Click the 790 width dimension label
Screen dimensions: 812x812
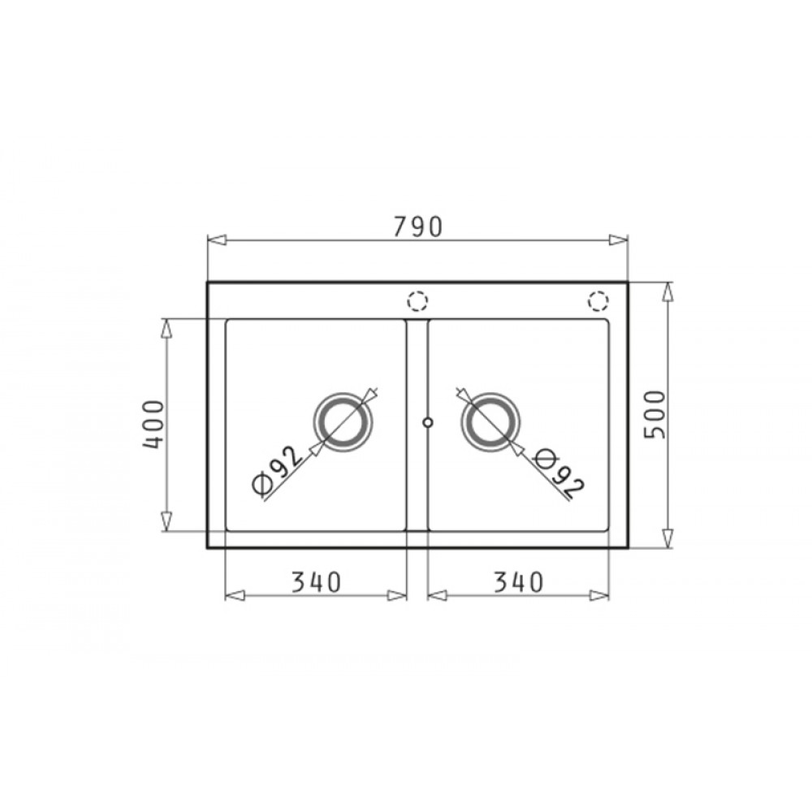click(x=418, y=227)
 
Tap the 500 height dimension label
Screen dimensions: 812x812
click(x=654, y=415)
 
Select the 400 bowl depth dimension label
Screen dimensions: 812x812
click(x=153, y=425)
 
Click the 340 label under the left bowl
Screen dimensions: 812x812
click(x=316, y=582)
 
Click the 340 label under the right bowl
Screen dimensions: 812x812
click(x=518, y=582)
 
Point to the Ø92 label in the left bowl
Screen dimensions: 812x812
click(x=277, y=469)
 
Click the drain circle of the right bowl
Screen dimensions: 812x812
click(x=490, y=422)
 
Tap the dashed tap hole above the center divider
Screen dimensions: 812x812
click(x=417, y=301)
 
